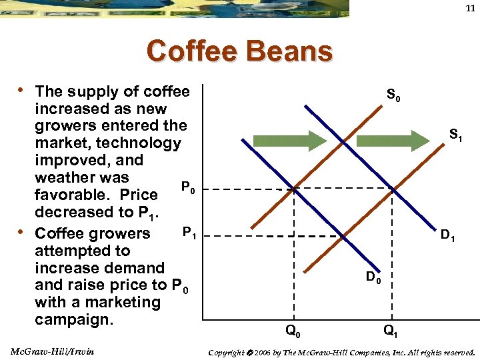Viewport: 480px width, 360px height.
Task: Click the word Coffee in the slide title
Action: coord(192,51)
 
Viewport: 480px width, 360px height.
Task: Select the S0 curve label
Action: coord(393,97)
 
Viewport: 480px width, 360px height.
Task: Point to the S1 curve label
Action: coord(456,135)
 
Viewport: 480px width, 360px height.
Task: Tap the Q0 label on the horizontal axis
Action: coord(292,330)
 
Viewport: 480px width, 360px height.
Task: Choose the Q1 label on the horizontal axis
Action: coord(391,330)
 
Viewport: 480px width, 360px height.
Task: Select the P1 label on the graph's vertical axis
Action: coord(189,233)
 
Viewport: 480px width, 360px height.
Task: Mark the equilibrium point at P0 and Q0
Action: coord(294,190)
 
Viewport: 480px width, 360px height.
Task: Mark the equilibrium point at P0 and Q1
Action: coord(393,190)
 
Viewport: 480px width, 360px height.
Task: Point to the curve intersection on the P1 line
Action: coord(342,235)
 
